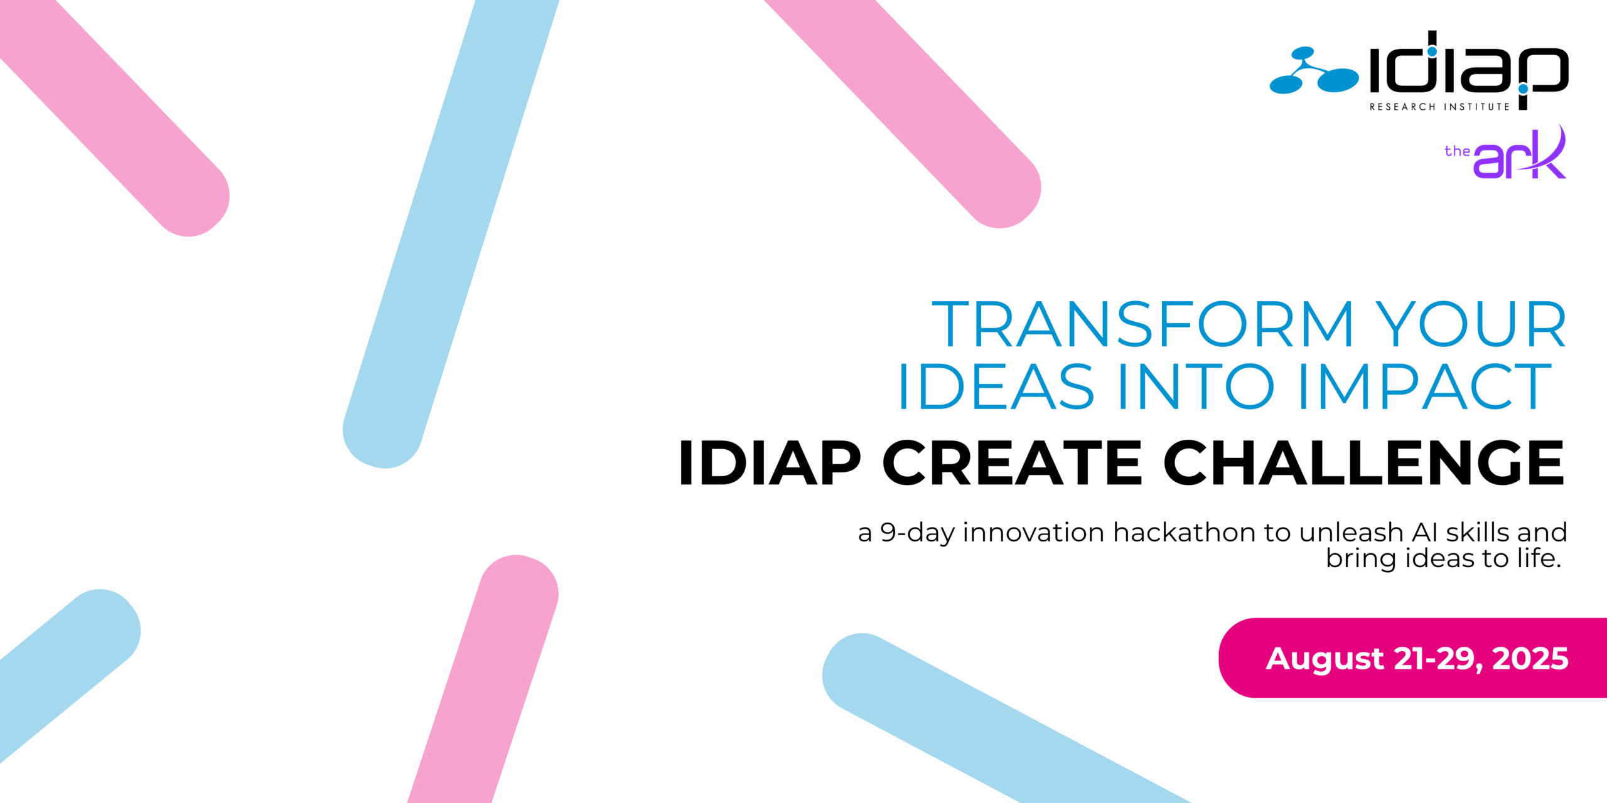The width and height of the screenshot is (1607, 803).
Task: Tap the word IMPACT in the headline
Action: point(1424,387)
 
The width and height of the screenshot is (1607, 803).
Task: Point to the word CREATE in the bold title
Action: point(1011,463)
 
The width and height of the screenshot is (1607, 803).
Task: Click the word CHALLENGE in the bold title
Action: point(1363,463)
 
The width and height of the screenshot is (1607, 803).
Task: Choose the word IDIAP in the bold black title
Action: point(770,463)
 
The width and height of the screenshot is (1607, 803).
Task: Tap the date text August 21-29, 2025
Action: point(1417,659)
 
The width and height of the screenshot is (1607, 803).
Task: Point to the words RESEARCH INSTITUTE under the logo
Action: point(1439,107)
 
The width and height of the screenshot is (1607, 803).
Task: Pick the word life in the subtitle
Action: point(1535,558)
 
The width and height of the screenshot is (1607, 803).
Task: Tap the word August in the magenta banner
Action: point(1325,659)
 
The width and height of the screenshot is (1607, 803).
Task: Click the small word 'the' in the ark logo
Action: point(1457,151)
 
